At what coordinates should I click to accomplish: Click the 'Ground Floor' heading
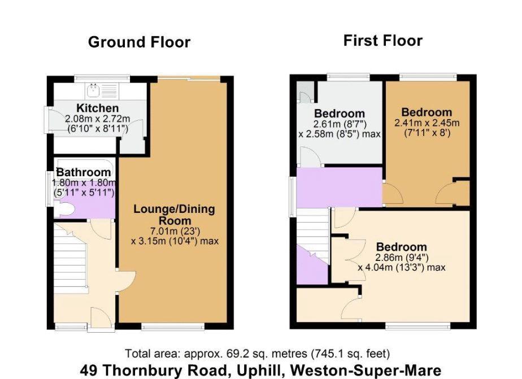point(139,42)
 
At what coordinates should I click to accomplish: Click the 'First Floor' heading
point(382,41)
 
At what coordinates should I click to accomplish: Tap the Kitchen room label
point(98,108)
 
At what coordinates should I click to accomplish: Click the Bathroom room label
point(84,172)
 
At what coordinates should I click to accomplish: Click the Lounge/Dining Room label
point(174,215)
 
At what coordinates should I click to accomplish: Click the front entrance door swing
point(96,318)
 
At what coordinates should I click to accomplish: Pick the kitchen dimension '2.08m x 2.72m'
point(97,119)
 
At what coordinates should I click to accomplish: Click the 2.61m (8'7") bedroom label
point(339,114)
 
